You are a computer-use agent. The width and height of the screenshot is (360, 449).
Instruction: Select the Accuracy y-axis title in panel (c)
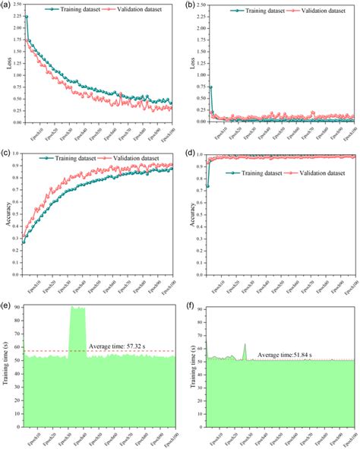click(8, 213)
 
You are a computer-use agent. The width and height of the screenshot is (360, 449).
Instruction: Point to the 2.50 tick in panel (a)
click(17, 5)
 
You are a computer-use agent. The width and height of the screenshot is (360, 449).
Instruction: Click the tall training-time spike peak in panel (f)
click(245, 344)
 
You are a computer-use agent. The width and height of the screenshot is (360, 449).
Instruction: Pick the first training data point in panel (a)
click(27, 16)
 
